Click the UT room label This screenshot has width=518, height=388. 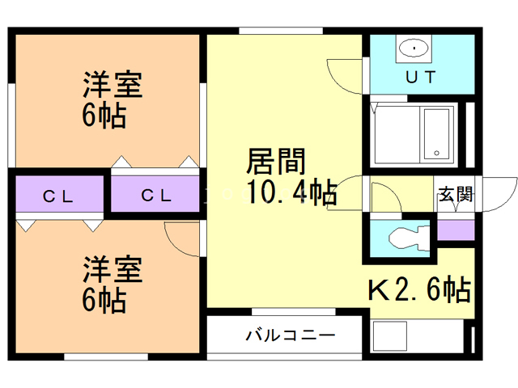[420, 78]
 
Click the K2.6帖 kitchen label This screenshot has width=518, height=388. [420, 289]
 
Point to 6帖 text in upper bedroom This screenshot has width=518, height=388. [103, 116]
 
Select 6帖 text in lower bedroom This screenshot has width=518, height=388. [103, 300]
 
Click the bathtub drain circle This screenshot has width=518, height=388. [436, 152]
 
